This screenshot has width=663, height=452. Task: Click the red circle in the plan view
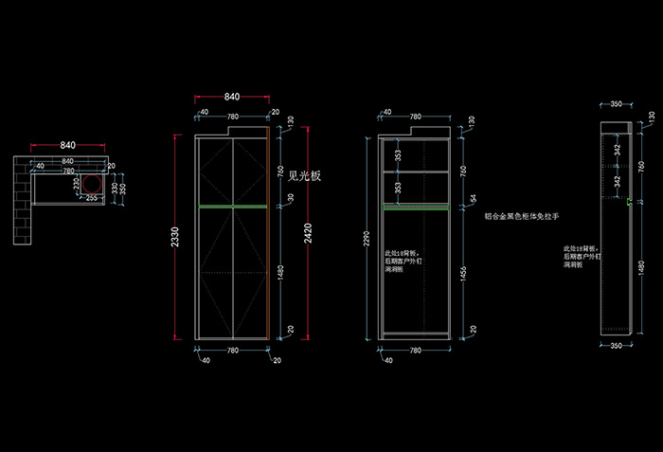tap(93, 183)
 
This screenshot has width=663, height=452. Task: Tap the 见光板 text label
tap(305, 175)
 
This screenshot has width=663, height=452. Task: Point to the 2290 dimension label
tap(367, 241)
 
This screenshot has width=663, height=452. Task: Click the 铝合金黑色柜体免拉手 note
tap(522, 216)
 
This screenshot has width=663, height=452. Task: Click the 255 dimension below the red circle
tap(93, 199)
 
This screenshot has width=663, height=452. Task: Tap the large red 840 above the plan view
tap(68, 146)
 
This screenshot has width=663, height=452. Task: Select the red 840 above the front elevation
tap(232, 98)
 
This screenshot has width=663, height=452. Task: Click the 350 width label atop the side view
tap(616, 104)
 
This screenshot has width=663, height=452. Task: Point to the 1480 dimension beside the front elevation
tap(281, 271)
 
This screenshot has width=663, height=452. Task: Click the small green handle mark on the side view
tap(630, 200)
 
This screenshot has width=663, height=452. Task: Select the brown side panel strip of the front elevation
tap(272, 237)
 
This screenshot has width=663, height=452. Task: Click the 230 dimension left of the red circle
tap(76, 183)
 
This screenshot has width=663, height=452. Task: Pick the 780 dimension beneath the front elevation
tap(232, 352)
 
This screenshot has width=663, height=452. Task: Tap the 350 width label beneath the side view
tap(616, 347)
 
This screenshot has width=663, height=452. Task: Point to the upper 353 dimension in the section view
tap(399, 154)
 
